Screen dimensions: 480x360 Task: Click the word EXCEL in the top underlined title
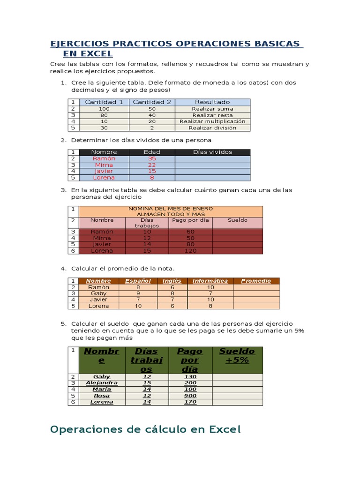[x=97, y=54]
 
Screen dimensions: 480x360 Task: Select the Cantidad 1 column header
[x=104, y=102]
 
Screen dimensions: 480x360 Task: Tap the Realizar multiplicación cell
[x=212, y=121]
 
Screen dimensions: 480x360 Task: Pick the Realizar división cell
[x=212, y=127]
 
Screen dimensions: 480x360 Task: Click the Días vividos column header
[x=212, y=152]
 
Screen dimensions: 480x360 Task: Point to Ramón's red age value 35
[x=151, y=158]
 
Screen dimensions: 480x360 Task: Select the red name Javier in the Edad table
[x=104, y=171]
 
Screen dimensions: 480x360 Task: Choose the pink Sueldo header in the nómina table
[x=237, y=220]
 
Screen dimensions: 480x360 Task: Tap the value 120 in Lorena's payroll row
[x=190, y=251]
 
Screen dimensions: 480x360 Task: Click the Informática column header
[x=210, y=281]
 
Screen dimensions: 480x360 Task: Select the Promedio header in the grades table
[x=256, y=281]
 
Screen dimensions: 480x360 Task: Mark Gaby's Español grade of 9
[x=138, y=293]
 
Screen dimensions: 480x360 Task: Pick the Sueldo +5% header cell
[x=237, y=356]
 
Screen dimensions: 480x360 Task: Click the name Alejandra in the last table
[x=102, y=383]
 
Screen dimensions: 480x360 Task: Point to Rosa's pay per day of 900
[x=190, y=396]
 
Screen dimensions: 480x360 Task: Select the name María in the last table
[x=102, y=389]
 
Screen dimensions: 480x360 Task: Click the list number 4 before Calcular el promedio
[x=63, y=269]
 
